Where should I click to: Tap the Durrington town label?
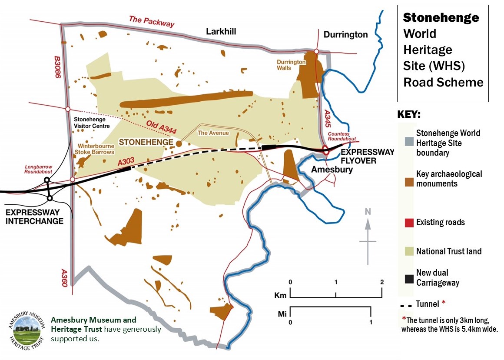[x=345, y=34]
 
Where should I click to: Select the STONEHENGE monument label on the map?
[x=143, y=142]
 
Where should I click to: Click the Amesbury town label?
[x=332, y=170]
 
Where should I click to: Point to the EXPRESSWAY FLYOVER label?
[x=367, y=156]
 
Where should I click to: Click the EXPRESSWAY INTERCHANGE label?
[x=34, y=217]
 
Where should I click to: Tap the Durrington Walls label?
[x=292, y=65]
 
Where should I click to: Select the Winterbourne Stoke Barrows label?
[x=96, y=149]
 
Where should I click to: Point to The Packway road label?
[x=152, y=21]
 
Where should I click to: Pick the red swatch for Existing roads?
[x=408, y=223]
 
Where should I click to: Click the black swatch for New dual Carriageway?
[x=408, y=279]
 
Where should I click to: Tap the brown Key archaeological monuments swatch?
[x=408, y=179]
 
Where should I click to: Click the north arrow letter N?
[x=368, y=212]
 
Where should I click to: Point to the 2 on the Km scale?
[x=381, y=282]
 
